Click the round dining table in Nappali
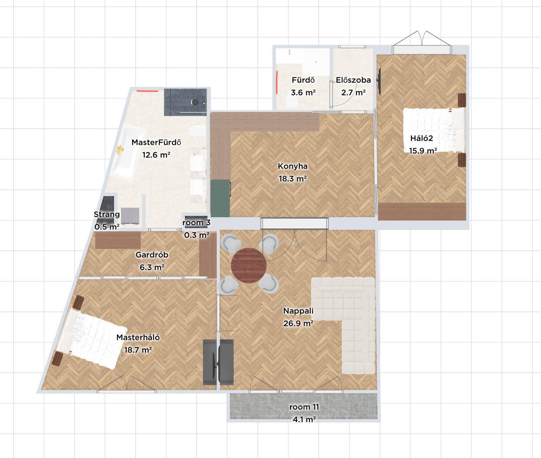249,265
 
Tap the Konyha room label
292,166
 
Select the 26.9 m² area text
298,323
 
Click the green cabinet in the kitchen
220,198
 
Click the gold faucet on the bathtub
119,150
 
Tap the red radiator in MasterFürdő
147,91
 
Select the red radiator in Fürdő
277,82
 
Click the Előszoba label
353,80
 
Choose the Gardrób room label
152,255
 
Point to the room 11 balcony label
304,407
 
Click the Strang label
107,214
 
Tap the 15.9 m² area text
423,151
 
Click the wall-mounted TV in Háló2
380,81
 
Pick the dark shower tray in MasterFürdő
185,102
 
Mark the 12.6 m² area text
156,155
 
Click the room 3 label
196,223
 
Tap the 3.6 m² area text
303,93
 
